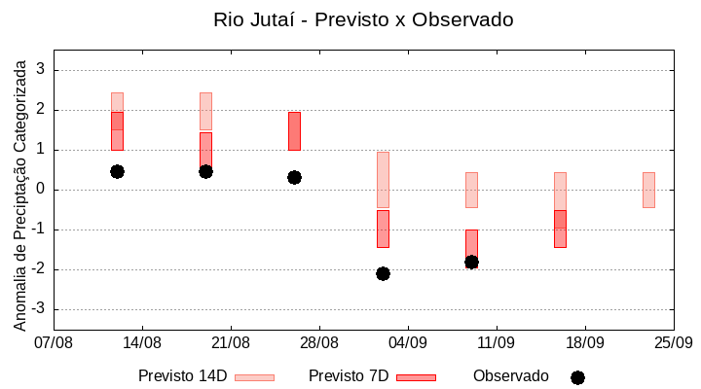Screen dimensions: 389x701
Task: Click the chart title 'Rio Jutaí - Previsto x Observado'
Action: pyautogui.click(x=363, y=19)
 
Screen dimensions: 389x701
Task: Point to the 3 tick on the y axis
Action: pyautogui.click(x=41, y=70)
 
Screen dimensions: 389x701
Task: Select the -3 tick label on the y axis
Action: pyautogui.click(x=38, y=309)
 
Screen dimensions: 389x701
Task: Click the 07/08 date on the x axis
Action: pyautogui.click(x=54, y=343)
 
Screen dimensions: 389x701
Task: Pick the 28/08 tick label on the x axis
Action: pyautogui.click(x=319, y=343)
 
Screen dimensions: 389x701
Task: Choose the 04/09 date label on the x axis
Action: pyautogui.click(x=408, y=343)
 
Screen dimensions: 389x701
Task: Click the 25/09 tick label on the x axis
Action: pyautogui.click(x=673, y=343)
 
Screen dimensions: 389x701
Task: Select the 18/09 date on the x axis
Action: pyautogui.click(x=584, y=343)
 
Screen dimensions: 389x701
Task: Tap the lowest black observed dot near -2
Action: pyautogui.click(x=383, y=273)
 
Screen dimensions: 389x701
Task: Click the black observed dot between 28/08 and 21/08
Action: pyautogui.click(x=294, y=177)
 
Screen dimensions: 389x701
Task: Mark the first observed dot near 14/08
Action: pyautogui.click(x=117, y=171)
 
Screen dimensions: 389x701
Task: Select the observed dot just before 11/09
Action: pyautogui.click(x=471, y=262)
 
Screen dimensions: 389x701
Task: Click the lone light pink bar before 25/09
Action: pyautogui.click(x=648, y=190)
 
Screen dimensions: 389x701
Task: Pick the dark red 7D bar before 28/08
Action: pyautogui.click(x=294, y=130)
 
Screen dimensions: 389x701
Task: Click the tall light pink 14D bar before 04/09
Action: pyautogui.click(x=383, y=180)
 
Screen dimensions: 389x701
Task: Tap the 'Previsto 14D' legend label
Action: pyautogui.click(x=182, y=376)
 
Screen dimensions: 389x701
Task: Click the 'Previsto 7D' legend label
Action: pyautogui.click(x=349, y=376)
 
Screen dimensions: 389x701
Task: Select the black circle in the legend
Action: pyautogui.click(x=577, y=377)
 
